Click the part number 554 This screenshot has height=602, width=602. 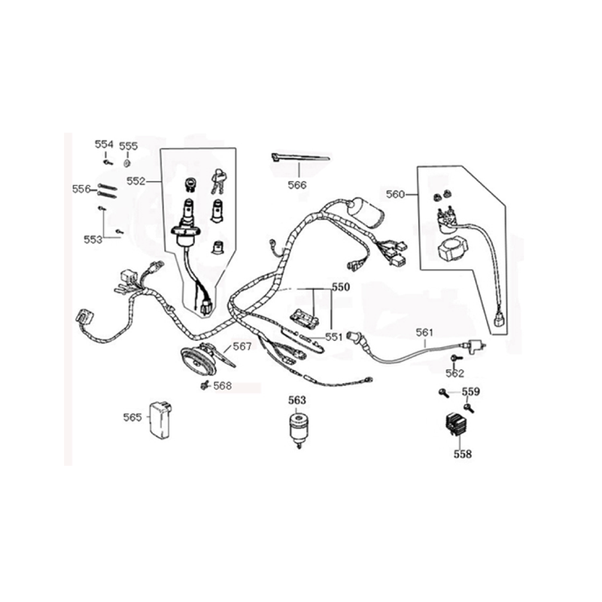(x=104, y=144)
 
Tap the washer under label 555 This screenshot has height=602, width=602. (x=126, y=163)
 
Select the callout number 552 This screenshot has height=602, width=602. (x=136, y=181)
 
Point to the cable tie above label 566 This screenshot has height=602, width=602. (x=299, y=157)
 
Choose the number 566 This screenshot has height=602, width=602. (x=297, y=185)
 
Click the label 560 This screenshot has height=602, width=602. (x=396, y=194)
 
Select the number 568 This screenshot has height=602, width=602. (x=223, y=386)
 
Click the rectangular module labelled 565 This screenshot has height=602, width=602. (x=160, y=420)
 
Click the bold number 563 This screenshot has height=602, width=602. (x=297, y=400)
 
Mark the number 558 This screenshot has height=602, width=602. (x=463, y=455)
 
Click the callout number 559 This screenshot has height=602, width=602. (x=471, y=391)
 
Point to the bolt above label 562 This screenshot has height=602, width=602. (x=456, y=358)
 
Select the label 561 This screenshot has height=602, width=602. (x=424, y=333)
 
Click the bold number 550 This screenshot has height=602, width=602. (x=341, y=287)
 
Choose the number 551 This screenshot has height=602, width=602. (x=333, y=337)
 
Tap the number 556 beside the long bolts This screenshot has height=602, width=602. (x=82, y=189)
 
